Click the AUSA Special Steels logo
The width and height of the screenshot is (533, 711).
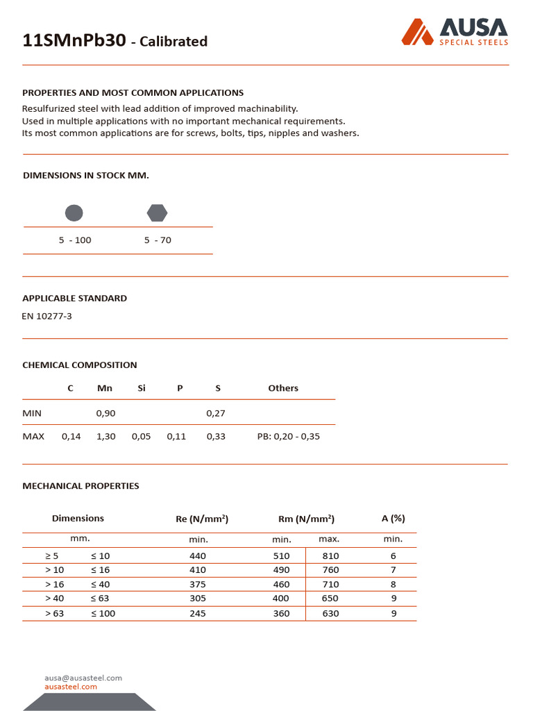click(x=455, y=32)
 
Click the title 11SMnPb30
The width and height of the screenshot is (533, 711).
click(x=74, y=41)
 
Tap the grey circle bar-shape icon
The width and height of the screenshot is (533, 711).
click(x=74, y=213)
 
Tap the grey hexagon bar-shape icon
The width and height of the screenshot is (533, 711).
click(x=157, y=213)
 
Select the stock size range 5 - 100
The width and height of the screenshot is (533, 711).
click(x=75, y=240)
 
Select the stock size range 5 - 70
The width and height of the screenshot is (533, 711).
click(x=158, y=240)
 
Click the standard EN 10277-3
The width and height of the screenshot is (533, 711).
click(x=47, y=317)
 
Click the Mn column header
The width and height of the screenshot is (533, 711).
click(x=105, y=388)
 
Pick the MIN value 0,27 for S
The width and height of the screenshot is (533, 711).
click(x=216, y=413)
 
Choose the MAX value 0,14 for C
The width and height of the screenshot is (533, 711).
click(x=71, y=437)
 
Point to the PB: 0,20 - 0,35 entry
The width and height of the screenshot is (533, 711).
click(x=288, y=437)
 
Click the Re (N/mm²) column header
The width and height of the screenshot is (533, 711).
click(x=202, y=519)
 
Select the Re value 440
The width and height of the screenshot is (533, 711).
click(x=198, y=555)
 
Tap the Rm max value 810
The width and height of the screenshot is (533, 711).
click(x=330, y=555)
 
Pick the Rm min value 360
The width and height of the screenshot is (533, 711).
click(x=281, y=614)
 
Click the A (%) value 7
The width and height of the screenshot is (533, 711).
click(x=394, y=570)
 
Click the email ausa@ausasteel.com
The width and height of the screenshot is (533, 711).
click(x=83, y=678)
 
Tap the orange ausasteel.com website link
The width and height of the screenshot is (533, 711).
click(x=71, y=687)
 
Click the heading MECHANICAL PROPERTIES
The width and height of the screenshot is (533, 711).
click(x=81, y=486)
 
